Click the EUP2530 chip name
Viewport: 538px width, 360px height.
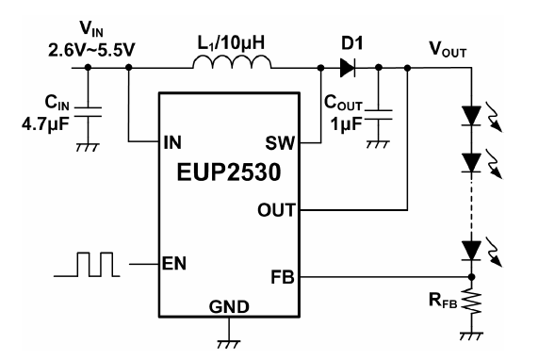[x=229, y=172]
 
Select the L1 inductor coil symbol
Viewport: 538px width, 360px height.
[x=232, y=62]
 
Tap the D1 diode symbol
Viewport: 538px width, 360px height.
[x=348, y=68]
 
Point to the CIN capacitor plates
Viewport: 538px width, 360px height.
[x=88, y=112]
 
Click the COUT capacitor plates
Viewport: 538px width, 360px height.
[x=379, y=115]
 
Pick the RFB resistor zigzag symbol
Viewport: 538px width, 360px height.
[x=472, y=301]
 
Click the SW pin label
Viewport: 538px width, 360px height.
[x=280, y=142]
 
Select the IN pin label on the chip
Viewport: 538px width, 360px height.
[x=172, y=142]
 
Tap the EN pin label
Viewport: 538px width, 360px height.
[x=174, y=264]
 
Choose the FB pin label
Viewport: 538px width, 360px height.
[x=283, y=277]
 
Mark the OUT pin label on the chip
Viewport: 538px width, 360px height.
[x=276, y=209]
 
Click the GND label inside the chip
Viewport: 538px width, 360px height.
[x=229, y=306]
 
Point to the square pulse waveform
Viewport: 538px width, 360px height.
[x=87, y=264]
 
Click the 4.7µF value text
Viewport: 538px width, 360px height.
[x=45, y=123]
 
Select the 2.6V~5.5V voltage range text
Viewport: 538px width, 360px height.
[x=91, y=50]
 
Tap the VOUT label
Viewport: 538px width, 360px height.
[x=448, y=49]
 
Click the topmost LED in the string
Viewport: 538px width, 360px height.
[x=471, y=116]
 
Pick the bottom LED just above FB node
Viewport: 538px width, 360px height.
[x=471, y=251]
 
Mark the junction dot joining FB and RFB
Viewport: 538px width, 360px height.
[x=472, y=277]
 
